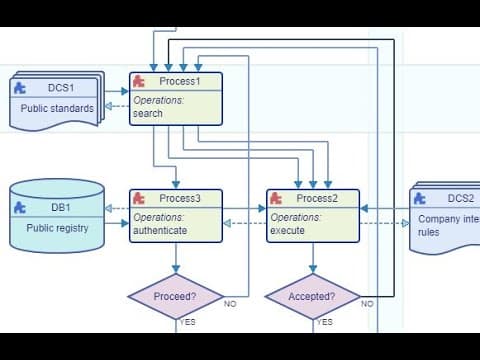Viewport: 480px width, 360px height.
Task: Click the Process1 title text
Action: pos(180,81)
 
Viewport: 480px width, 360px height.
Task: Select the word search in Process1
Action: pos(148,113)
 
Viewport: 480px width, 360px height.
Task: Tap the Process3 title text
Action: pos(180,198)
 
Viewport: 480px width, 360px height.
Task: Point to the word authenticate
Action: pos(160,230)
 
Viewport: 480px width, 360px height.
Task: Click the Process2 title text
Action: pos(317,198)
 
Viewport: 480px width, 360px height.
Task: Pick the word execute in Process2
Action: pos(287,230)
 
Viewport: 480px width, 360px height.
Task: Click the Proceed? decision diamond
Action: pos(176,296)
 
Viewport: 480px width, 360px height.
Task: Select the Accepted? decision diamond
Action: pos(313,296)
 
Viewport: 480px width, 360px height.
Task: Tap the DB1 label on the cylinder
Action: pos(61,207)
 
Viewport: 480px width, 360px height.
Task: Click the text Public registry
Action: pos(57,228)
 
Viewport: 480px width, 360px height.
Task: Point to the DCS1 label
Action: pos(61,88)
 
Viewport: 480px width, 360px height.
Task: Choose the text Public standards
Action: pos(57,108)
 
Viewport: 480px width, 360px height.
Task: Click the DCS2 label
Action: pos(461,198)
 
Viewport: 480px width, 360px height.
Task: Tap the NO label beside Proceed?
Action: pos(230,304)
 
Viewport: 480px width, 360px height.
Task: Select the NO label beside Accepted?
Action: pos(367,304)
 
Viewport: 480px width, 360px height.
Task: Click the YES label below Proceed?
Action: pos(188,322)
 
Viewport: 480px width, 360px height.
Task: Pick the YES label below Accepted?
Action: pos(325,322)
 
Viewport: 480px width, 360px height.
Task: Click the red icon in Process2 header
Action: pos(276,198)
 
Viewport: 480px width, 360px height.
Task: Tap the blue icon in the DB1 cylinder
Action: pos(20,208)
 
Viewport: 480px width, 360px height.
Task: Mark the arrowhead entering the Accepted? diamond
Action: pos(313,269)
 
